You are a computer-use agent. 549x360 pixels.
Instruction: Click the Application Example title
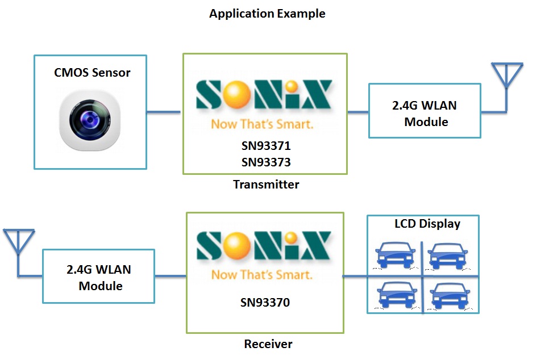[x=267, y=14]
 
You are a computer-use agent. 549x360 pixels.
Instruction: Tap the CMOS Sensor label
[x=92, y=73]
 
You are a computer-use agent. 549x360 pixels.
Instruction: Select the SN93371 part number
[x=265, y=146]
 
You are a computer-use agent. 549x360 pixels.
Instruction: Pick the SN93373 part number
[x=265, y=162]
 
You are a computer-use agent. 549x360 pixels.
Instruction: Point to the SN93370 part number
[x=265, y=303]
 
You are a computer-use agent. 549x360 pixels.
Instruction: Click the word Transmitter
[x=266, y=184]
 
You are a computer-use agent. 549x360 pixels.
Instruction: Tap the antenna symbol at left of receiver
[x=19, y=241]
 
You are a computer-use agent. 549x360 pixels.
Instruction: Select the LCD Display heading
[x=427, y=224]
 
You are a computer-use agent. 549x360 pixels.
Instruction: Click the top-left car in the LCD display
[x=396, y=256]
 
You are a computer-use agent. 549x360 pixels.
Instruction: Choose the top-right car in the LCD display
[x=448, y=256]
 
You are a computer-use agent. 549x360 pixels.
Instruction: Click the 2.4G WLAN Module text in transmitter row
[x=425, y=114]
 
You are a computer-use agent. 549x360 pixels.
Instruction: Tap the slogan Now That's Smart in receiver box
[x=262, y=275]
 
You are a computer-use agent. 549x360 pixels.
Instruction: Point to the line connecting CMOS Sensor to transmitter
[x=164, y=112]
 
